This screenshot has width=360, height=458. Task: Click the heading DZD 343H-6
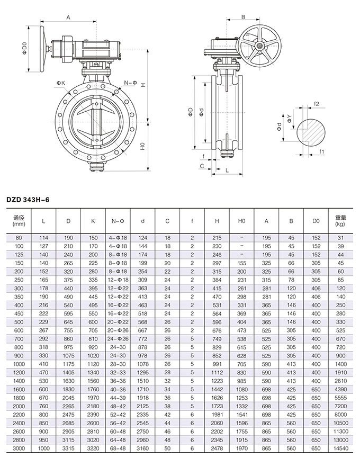tap(31, 200)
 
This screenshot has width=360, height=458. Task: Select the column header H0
tap(242, 220)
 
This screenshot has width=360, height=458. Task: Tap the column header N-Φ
tap(117, 220)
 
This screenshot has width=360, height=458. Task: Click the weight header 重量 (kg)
tap(341, 220)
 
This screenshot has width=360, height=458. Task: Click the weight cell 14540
tap(341, 448)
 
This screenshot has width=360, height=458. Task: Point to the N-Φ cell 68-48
tap(117, 448)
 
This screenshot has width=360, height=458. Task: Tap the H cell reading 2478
tap(217, 448)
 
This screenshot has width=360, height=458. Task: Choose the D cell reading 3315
tap(68, 448)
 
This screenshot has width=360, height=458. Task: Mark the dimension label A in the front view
tap(69, 17)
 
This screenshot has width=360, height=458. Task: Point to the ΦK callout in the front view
tap(60, 83)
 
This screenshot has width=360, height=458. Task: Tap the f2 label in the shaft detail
tap(316, 104)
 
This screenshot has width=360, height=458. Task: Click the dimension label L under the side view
tap(227, 170)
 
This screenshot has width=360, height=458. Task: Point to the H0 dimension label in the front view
tap(143, 147)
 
